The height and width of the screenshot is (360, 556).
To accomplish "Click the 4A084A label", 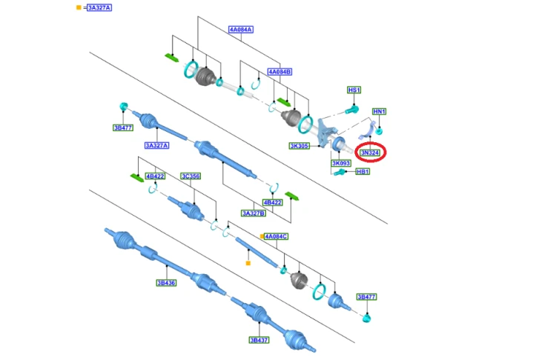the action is [x=241, y=30].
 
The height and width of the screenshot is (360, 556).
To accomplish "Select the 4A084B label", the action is [x=279, y=72].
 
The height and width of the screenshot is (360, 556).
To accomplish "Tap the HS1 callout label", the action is [x=354, y=90].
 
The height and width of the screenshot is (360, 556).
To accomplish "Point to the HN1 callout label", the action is [x=379, y=111].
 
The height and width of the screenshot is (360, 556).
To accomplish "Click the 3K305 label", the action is [x=299, y=146].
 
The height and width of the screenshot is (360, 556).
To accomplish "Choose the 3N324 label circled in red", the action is [x=370, y=153].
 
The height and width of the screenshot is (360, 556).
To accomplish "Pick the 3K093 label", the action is [x=341, y=164].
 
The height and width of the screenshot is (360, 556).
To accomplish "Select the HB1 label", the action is [x=363, y=172].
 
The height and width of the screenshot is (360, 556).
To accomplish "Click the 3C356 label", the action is [x=191, y=176].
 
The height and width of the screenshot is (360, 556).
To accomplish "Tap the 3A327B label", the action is [x=254, y=213].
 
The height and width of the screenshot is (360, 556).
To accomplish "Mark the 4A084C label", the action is [x=277, y=236].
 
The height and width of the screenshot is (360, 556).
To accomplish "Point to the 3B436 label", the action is [x=166, y=283].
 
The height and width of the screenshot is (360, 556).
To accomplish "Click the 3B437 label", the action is [x=259, y=340].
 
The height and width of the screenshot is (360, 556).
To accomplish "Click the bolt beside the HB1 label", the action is [x=340, y=173].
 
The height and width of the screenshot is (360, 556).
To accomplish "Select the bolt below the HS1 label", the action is [x=352, y=110].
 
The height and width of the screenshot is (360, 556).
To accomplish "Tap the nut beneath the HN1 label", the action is [x=379, y=131].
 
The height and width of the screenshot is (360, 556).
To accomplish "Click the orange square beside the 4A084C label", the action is [x=262, y=236].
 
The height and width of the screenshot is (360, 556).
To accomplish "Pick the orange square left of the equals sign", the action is [x=79, y=7].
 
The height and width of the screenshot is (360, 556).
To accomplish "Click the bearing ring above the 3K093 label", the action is [x=338, y=144].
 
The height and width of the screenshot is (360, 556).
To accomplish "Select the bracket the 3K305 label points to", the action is [x=325, y=132].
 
